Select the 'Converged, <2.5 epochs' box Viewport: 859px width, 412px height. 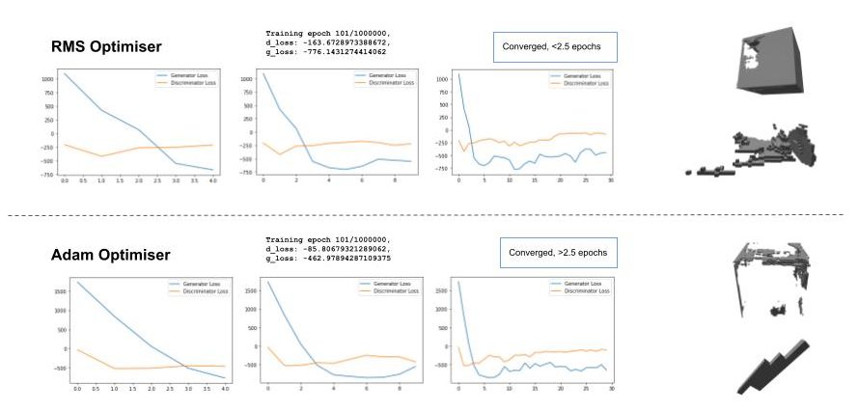pos(554,46)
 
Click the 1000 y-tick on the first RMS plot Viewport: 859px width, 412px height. pos(45,78)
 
